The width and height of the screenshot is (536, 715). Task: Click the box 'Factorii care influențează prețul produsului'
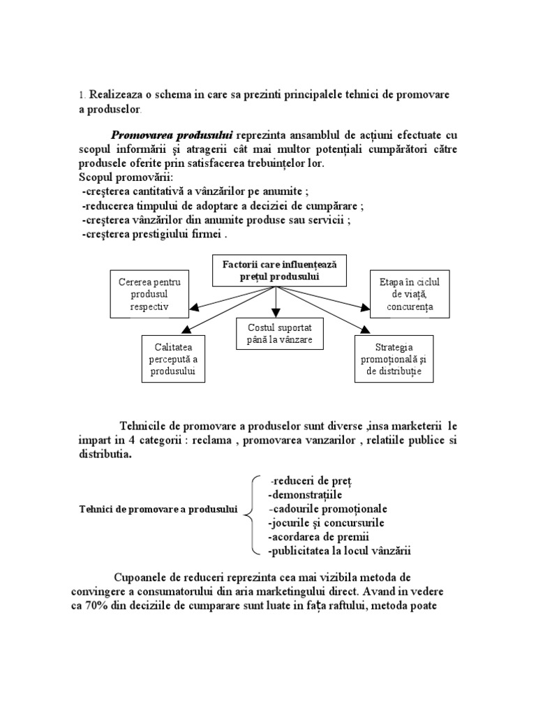tap(278, 271)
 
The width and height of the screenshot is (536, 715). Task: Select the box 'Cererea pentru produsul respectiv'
tap(149, 294)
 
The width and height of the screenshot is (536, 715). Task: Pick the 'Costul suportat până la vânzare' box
tap(279, 334)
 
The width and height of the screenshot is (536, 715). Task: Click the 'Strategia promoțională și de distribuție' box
tap(394, 359)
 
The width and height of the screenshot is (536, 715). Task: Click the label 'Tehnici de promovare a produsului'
tap(157, 510)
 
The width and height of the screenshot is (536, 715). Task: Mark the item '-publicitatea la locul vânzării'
tap(339, 550)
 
